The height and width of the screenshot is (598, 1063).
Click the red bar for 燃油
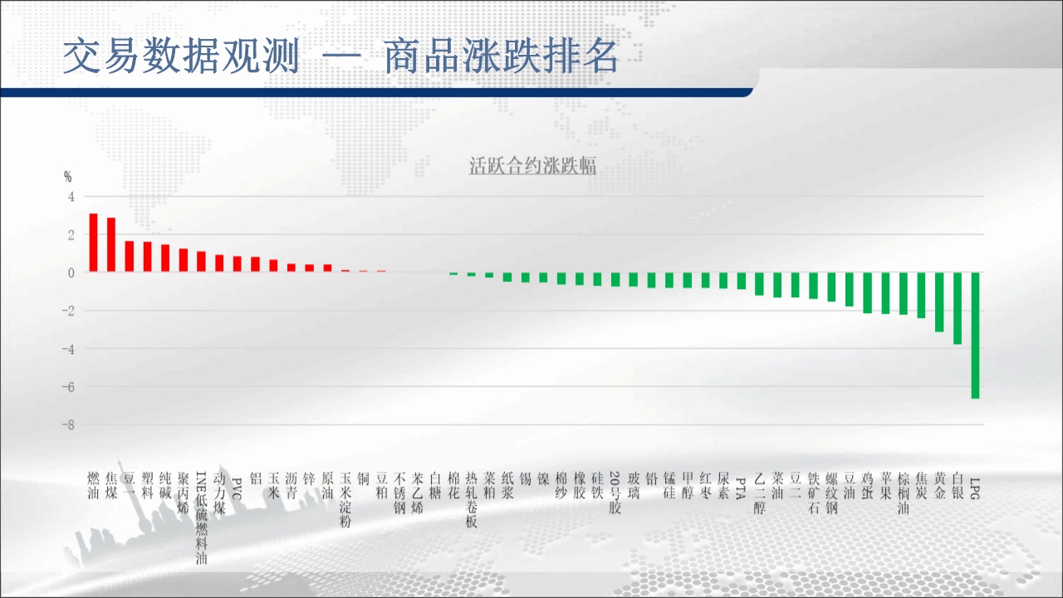(94, 243)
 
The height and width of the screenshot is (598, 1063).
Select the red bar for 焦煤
(111, 245)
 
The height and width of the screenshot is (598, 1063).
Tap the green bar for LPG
(975, 336)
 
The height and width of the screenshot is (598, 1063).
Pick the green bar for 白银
(958, 308)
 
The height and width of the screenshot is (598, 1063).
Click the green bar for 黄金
(939, 302)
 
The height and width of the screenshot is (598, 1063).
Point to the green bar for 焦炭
(921, 295)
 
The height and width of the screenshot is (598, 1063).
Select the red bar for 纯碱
(165, 258)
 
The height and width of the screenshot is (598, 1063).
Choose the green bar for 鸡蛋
(867, 293)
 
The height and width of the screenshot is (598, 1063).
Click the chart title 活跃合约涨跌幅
(532, 165)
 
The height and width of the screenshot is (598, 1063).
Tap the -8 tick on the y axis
(68, 425)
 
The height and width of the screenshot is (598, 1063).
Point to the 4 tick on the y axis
(71, 197)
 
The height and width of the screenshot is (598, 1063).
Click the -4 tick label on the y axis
(68, 349)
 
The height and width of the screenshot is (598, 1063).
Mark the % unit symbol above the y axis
(68, 177)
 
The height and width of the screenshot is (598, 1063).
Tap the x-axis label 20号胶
(615, 493)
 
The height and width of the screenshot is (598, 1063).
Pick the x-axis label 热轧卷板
(471, 500)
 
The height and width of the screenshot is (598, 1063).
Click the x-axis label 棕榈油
(903, 493)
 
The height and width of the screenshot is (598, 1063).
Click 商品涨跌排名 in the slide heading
(501, 56)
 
